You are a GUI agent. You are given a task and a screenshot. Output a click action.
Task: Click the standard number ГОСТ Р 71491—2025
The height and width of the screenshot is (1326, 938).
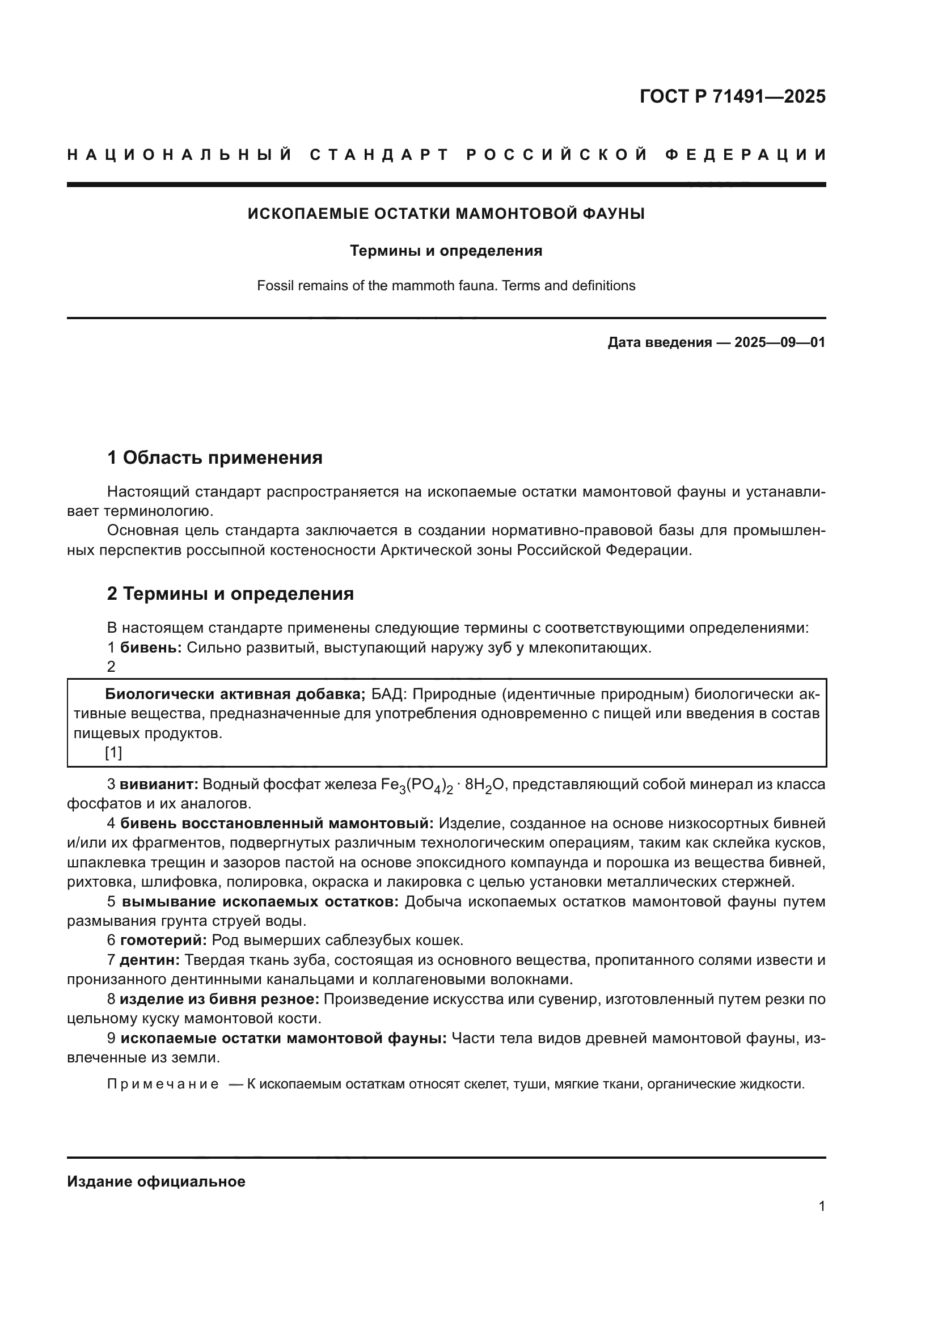coord(732,96)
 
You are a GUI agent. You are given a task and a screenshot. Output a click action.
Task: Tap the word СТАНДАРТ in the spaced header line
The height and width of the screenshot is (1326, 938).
coord(379,155)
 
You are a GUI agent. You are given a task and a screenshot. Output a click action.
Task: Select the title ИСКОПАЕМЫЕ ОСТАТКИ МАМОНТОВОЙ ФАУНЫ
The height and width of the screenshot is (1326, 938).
coord(446,214)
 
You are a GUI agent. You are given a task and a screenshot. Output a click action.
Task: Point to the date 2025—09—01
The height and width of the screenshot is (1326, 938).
coord(779,342)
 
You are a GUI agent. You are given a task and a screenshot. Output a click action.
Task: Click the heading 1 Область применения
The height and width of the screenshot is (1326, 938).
coord(214,458)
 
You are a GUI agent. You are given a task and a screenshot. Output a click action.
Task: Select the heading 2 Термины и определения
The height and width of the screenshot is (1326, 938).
coord(230,594)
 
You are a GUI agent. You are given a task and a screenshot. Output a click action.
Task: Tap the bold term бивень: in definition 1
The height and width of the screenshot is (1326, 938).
coord(151,648)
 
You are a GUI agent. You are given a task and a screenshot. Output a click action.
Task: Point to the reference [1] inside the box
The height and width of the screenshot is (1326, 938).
coord(113,753)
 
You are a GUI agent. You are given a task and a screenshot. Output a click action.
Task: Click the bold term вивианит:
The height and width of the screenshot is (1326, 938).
coord(159,784)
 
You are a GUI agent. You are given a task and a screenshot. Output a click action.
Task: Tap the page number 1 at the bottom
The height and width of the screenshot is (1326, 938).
coord(821,1206)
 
